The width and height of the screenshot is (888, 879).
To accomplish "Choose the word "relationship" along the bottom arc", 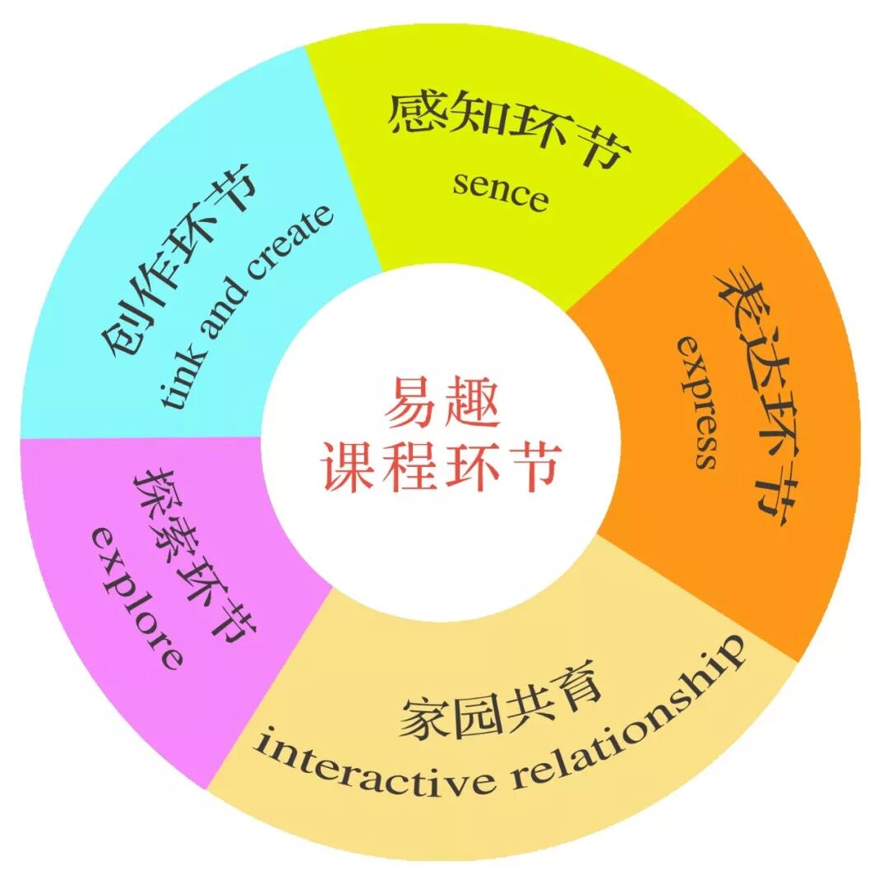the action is (x=632, y=715).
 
